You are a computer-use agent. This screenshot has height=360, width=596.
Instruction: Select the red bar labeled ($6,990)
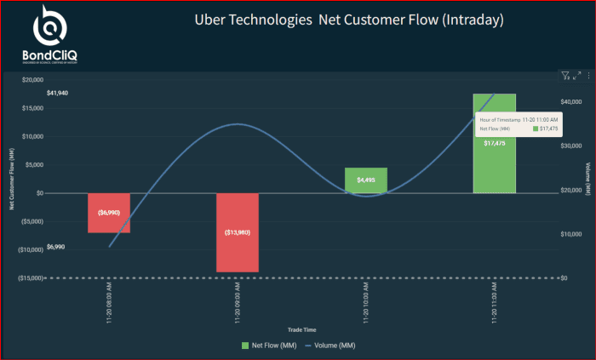click(109, 212)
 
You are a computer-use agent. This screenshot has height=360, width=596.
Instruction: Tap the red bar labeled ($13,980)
click(238, 231)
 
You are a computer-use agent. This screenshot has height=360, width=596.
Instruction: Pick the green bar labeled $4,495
click(366, 180)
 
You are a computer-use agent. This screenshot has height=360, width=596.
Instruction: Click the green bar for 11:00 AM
click(495, 162)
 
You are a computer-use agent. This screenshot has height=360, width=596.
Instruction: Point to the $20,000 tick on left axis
click(32, 80)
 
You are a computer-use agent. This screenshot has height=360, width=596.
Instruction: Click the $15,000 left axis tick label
click(32, 108)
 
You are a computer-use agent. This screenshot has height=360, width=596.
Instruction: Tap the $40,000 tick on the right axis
click(571, 101)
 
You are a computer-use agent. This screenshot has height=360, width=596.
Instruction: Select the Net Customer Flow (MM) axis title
click(11, 178)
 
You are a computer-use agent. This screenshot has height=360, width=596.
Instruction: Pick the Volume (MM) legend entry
click(331, 345)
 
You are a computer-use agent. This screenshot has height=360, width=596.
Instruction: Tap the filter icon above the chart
click(565, 76)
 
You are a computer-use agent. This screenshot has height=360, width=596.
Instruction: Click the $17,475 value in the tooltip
click(546, 129)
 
